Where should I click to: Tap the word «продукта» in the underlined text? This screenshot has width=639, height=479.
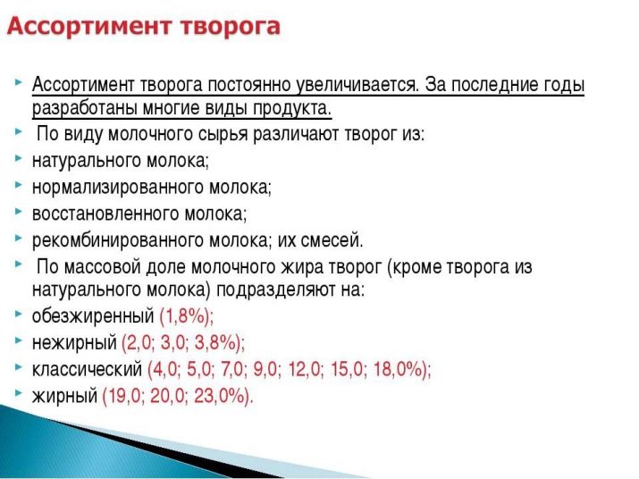point(291,108)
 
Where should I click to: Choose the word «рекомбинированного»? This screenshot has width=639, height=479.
point(118,240)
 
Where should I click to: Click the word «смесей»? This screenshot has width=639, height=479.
point(332,240)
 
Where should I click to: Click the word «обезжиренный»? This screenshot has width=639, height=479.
point(93,316)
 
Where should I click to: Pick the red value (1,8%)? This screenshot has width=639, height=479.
point(186,316)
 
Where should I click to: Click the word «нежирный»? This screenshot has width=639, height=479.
point(74,343)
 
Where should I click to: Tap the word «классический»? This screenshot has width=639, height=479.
point(88,369)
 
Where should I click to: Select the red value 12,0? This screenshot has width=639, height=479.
point(306,369)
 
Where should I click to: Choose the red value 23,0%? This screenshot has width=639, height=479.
point(223,396)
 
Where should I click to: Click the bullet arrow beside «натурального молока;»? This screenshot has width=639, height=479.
point(19,158)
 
